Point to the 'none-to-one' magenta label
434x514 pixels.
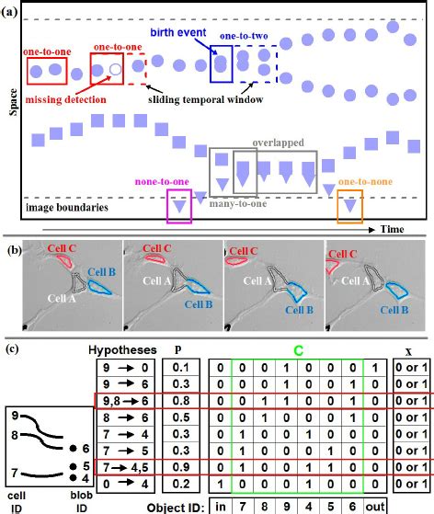tap(164, 182)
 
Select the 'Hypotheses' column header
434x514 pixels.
tap(123, 350)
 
